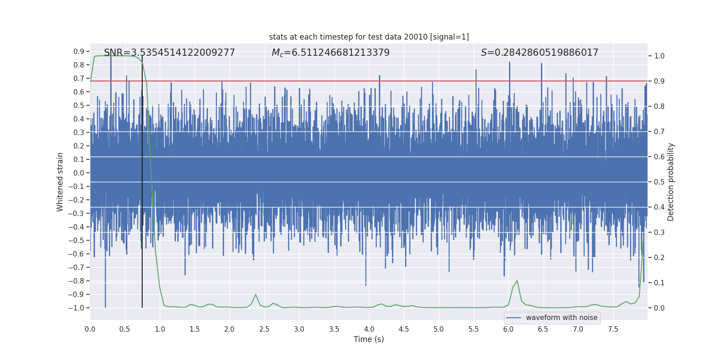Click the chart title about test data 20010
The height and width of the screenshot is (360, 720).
369,37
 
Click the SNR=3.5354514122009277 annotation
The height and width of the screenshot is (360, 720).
169,53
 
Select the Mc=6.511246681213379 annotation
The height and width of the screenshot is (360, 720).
330,53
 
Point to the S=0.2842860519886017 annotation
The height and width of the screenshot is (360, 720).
539,53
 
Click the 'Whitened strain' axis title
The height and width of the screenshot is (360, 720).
60,182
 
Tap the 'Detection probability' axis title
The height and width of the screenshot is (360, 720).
671,182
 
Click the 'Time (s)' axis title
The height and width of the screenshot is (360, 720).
369,339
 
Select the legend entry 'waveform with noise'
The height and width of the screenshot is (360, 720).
561,318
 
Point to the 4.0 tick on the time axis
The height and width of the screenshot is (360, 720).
369,329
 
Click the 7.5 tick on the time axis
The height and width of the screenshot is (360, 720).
613,329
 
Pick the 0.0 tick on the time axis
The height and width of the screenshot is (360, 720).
90,329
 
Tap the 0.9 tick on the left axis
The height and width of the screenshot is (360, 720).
79,51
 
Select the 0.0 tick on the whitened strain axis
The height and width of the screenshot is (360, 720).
79,173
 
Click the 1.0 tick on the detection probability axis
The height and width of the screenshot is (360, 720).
659,56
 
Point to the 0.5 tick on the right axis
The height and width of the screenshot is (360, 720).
659,182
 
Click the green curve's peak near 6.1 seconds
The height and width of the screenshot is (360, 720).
517,281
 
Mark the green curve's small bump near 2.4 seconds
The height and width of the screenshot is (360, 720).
256,295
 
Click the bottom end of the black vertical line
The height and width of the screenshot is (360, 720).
142,307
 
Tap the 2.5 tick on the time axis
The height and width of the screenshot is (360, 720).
264,329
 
